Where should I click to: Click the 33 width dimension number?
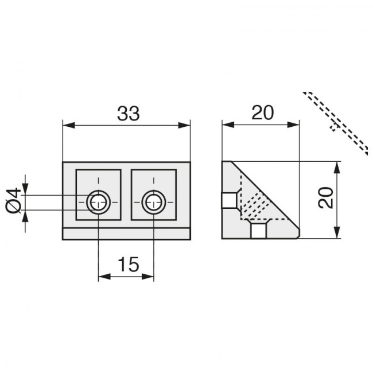point(128,114)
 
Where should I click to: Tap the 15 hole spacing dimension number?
point(129,265)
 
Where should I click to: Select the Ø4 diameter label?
point(13,200)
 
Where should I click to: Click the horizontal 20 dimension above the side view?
point(263,112)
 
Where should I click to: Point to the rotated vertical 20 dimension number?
point(326,198)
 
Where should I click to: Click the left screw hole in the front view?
point(99,202)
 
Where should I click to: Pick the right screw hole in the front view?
point(154,202)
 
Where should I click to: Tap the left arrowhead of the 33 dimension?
point(69,125)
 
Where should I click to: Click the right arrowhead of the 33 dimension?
point(184,125)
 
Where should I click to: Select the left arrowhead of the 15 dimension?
point(104,277)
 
